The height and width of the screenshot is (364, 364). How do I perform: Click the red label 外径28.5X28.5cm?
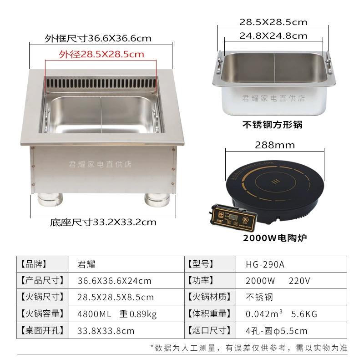[x=101, y=54]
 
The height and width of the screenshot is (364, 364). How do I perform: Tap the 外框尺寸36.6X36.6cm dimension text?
[x=98, y=38]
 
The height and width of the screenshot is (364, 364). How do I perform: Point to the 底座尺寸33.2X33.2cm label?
[x=103, y=222]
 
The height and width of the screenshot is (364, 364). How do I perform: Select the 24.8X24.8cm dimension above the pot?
[x=273, y=36]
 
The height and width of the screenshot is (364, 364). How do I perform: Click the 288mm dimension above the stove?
[x=275, y=145]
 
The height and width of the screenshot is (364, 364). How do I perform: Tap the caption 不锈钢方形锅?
[x=273, y=125]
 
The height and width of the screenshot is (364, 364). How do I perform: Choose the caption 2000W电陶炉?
[x=275, y=238]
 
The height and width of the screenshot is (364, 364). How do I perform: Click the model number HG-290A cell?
[x=265, y=264]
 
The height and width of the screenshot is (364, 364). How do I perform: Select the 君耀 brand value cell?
[x=86, y=264]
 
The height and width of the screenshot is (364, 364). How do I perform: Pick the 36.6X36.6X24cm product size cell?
[x=114, y=281]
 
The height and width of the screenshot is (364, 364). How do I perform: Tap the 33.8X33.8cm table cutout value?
[x=106, y=331]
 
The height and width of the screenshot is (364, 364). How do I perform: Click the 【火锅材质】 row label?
[x=210, y=297]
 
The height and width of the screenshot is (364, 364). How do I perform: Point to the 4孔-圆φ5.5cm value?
[x=277, y=331]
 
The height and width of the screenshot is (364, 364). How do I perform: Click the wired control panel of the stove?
[x=234, y=217]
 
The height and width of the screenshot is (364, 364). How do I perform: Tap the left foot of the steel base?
[x=50, y=199]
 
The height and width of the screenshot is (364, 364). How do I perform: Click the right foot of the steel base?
[x=157, y=200]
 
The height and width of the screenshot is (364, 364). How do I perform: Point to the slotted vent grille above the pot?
[x=101, y=83]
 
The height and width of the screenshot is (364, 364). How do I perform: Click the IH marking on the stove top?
[x=276, y=181]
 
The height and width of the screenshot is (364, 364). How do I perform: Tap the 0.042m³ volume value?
[x=264, y=314]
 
